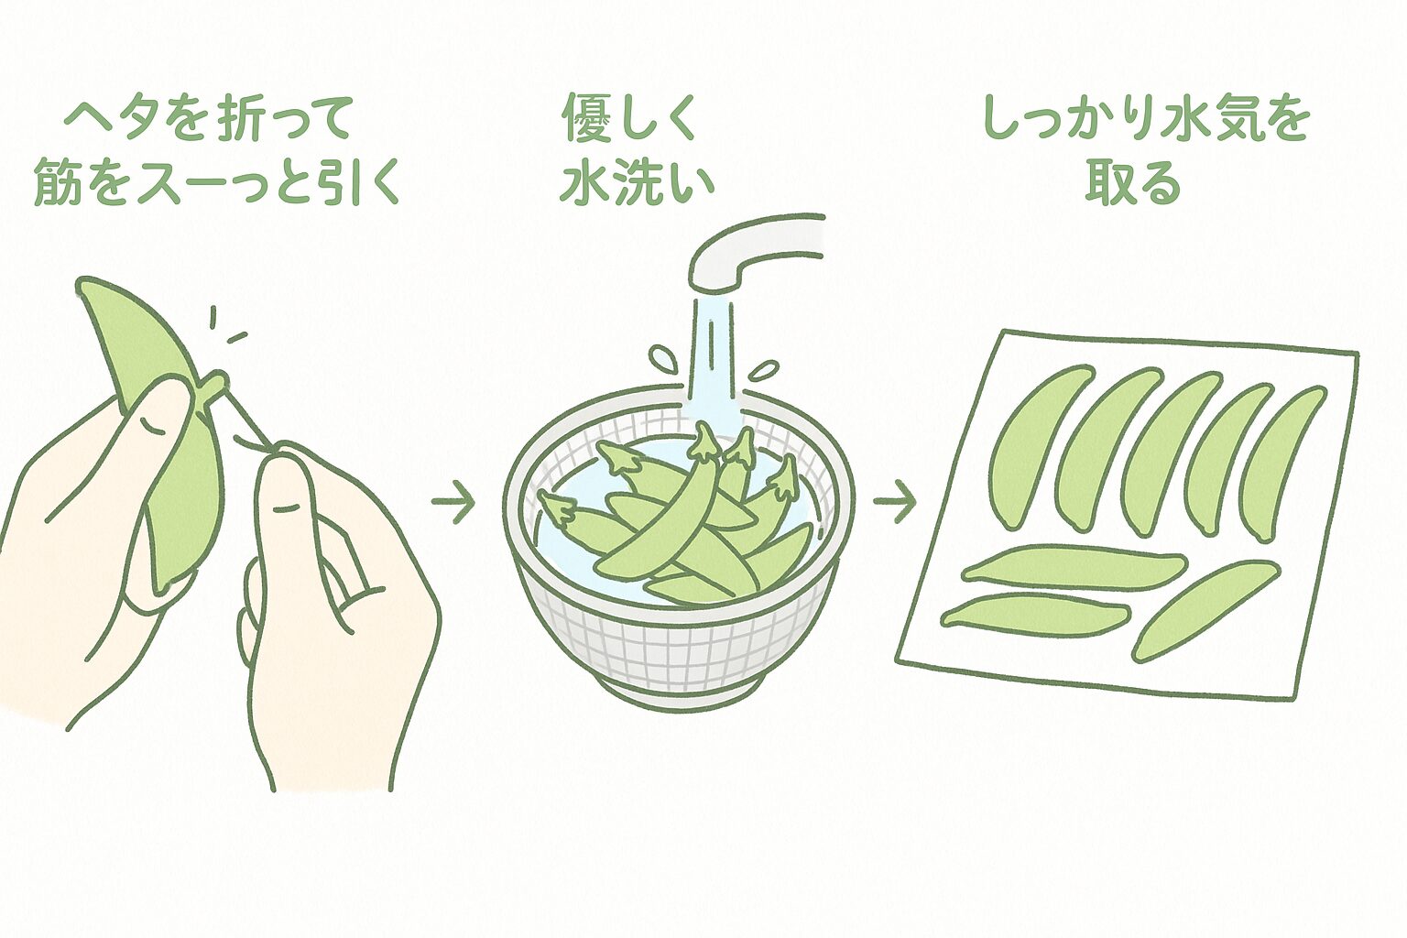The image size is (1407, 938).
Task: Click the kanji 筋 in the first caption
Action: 57,183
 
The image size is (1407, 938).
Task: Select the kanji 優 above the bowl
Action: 586,119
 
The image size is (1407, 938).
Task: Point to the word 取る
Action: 1133,183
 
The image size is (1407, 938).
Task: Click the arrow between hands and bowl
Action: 453,501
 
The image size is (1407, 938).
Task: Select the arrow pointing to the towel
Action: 894,501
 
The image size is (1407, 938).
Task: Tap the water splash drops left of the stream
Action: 662,359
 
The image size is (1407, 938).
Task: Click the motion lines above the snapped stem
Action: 224,328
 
